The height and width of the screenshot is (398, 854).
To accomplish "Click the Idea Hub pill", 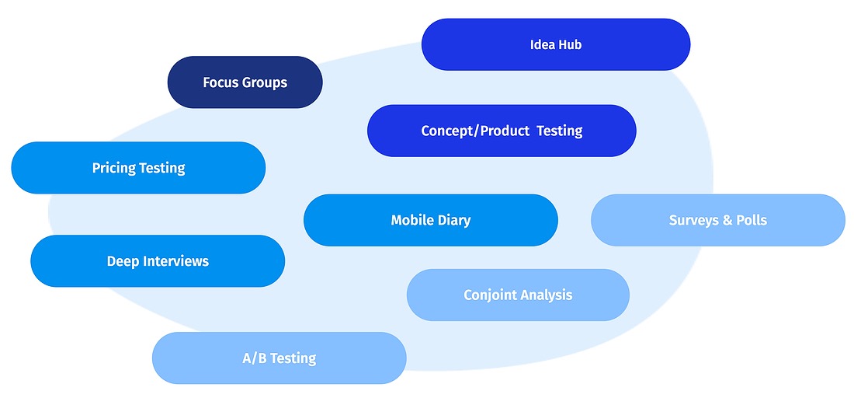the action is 556,44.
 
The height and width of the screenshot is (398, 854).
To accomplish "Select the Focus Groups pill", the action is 245,82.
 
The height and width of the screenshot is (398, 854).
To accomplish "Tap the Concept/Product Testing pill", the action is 502,131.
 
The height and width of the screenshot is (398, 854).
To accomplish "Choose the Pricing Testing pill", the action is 138,167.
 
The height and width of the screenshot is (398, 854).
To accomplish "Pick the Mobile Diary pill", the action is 431,220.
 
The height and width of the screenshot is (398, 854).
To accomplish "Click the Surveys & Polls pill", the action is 718,220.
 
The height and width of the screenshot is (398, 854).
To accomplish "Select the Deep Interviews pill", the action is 158,261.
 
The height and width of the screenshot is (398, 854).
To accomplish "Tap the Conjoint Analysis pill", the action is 518,295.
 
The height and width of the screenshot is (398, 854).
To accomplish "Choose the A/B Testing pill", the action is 279,358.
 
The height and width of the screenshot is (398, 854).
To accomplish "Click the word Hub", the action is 570,44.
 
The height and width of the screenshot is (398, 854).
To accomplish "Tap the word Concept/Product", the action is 475,131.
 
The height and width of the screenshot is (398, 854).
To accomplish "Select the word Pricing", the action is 114,168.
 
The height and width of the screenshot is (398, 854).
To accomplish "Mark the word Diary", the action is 454,221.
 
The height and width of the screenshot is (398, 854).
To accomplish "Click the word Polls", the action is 752,220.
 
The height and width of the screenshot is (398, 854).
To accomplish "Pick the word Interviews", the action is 175,261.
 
